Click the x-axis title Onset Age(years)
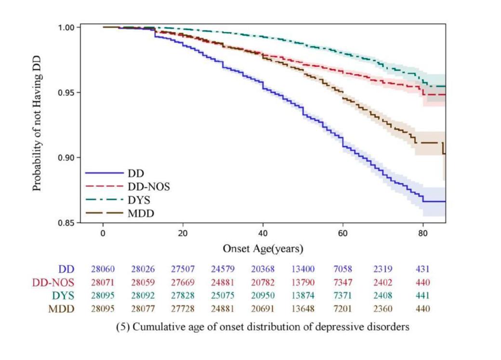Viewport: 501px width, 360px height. click(x=263, y=249)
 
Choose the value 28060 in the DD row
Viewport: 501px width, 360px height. click(x=102, y=269)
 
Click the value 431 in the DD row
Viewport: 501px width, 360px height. click(x=422, y=269)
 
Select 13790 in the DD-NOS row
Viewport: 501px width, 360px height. click(x=303, y=283)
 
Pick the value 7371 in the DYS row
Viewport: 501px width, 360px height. click(x=343, y=296)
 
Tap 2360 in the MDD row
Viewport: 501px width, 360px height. click(x=382, y=309)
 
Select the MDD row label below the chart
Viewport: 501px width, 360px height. click(x=62, y=309)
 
